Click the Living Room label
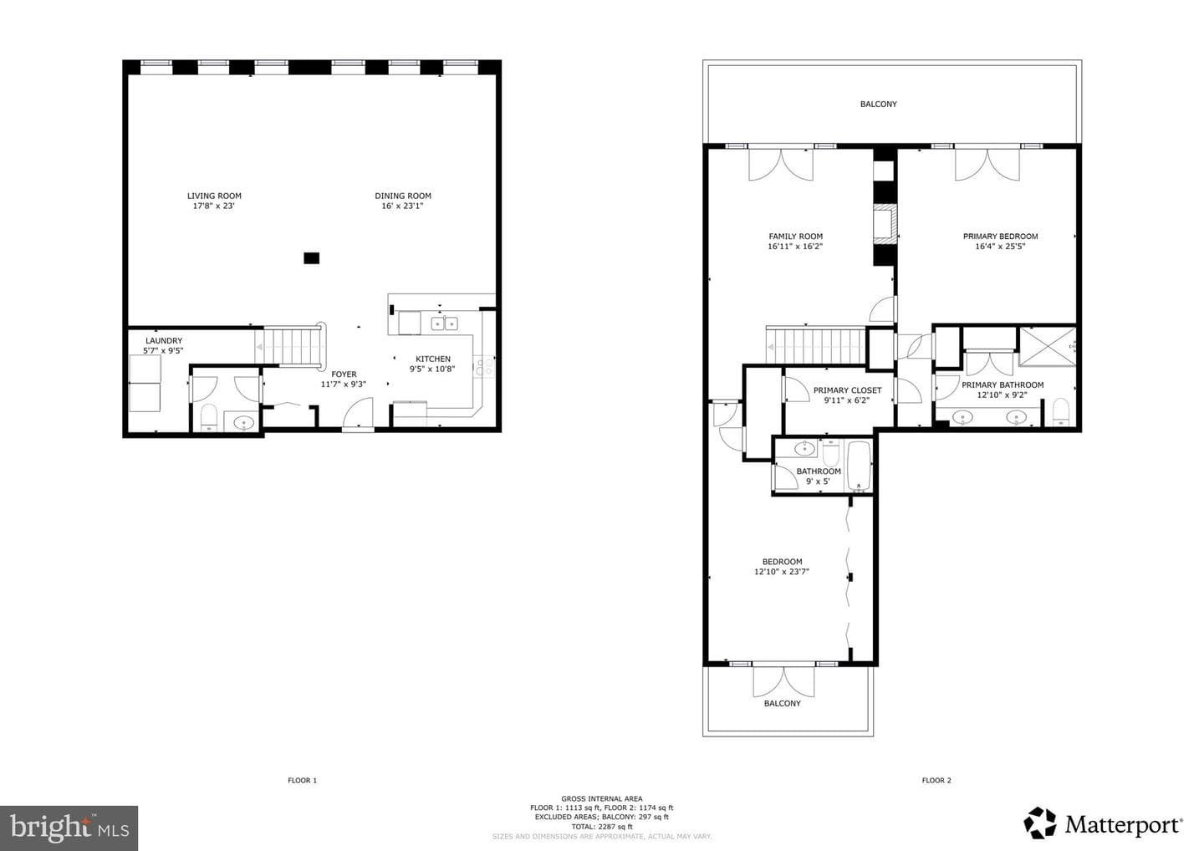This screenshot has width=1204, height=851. point(214,196)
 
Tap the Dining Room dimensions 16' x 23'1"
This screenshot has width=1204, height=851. point(403,206)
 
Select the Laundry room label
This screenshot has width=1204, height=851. point(164,340)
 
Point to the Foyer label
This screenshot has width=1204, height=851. point(344,375)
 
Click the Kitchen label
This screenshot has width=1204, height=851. point(433,359)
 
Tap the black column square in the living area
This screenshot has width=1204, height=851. point(311,258)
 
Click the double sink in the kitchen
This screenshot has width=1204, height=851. point(444,323)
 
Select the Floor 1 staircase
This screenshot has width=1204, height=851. point(290,347)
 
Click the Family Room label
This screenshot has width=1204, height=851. point(795,237)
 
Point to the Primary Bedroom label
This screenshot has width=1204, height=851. point(1000,237)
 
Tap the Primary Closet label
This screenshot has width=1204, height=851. point(847,390)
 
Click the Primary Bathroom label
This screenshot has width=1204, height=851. point(1002,385)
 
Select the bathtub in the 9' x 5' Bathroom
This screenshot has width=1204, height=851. point(859,466)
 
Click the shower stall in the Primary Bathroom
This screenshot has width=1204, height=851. point(1048,347)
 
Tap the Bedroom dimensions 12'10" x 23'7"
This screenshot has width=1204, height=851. point(782,572)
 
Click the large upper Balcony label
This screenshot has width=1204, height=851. point(878,104)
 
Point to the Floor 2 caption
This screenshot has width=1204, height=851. point(936,780)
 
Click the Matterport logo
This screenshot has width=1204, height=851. point(1103,823)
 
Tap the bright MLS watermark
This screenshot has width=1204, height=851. point(69,828)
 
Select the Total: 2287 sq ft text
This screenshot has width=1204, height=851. point(601,827)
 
